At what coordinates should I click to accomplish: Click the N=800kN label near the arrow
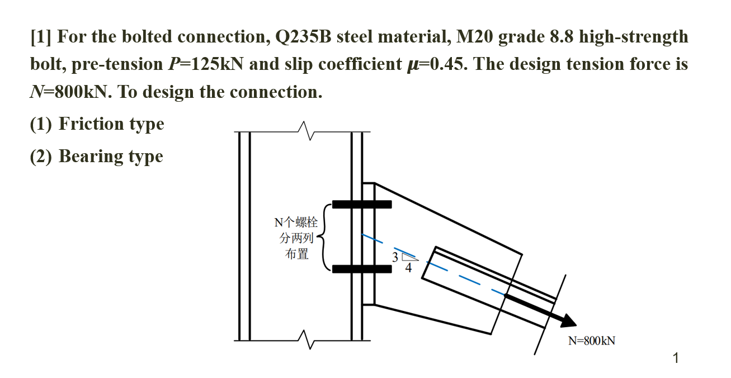tap(591, 341)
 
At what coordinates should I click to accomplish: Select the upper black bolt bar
tap(362, 204)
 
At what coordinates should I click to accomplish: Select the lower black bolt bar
tap(362, 269)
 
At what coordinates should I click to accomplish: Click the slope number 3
tap(395, 257)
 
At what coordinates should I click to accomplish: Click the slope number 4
tap(408, 268)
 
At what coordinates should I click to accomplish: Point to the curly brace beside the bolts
tap(324, 237)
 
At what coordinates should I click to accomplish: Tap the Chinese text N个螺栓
tap(296, 222)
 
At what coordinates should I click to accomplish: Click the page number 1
tap(676, 358)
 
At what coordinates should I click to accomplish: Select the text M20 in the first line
tap(475, 37)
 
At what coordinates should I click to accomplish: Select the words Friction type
tap(111, 124)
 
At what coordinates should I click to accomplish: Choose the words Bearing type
tap(111, 156)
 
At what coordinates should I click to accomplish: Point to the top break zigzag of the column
tap(305, 131)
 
